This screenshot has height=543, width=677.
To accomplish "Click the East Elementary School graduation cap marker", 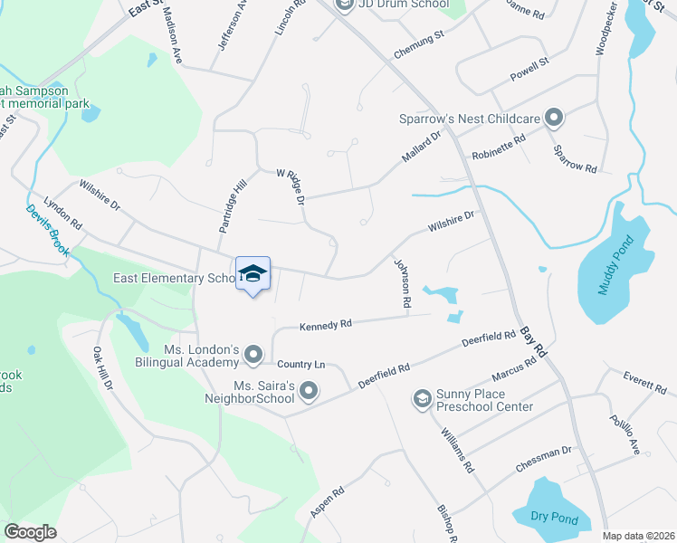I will click(x=253, y=274).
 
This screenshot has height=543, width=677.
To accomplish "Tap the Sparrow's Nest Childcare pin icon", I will click(x=554, y=118).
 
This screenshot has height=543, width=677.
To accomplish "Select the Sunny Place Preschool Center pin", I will click(x=422, y=398).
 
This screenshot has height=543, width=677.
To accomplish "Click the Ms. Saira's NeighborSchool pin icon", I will click(x=310, y=392).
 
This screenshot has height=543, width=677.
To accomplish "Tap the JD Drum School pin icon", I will click(x=344, y=5).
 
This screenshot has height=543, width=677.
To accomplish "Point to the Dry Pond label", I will click(x=546, y=517).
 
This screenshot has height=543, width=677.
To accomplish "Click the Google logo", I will click(x=30, y=532).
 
